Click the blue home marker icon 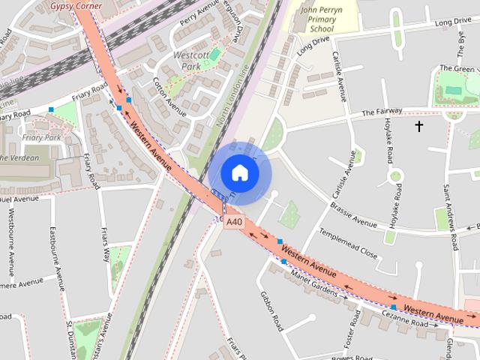click(x=239, y=172)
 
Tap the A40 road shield click(x=235, y=222)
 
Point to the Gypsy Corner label click(x=76, y=5)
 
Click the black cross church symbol click(x=418, y=126)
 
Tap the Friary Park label click(x=42, y=138)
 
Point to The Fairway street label click(x=382, y=112)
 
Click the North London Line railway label click(x=232, y=97)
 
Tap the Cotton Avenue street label click(x=169, y=97)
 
